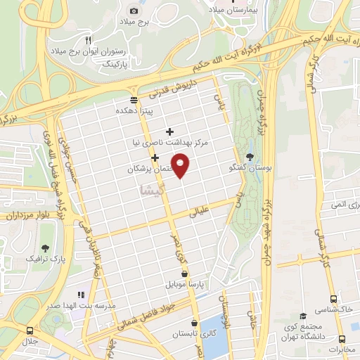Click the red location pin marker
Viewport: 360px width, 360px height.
coord(181,166)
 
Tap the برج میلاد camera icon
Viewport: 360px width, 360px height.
coord(134,11)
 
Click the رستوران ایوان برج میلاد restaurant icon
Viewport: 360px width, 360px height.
coord(88,39)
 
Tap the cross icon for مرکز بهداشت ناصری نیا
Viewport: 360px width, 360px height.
coord(169,131)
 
